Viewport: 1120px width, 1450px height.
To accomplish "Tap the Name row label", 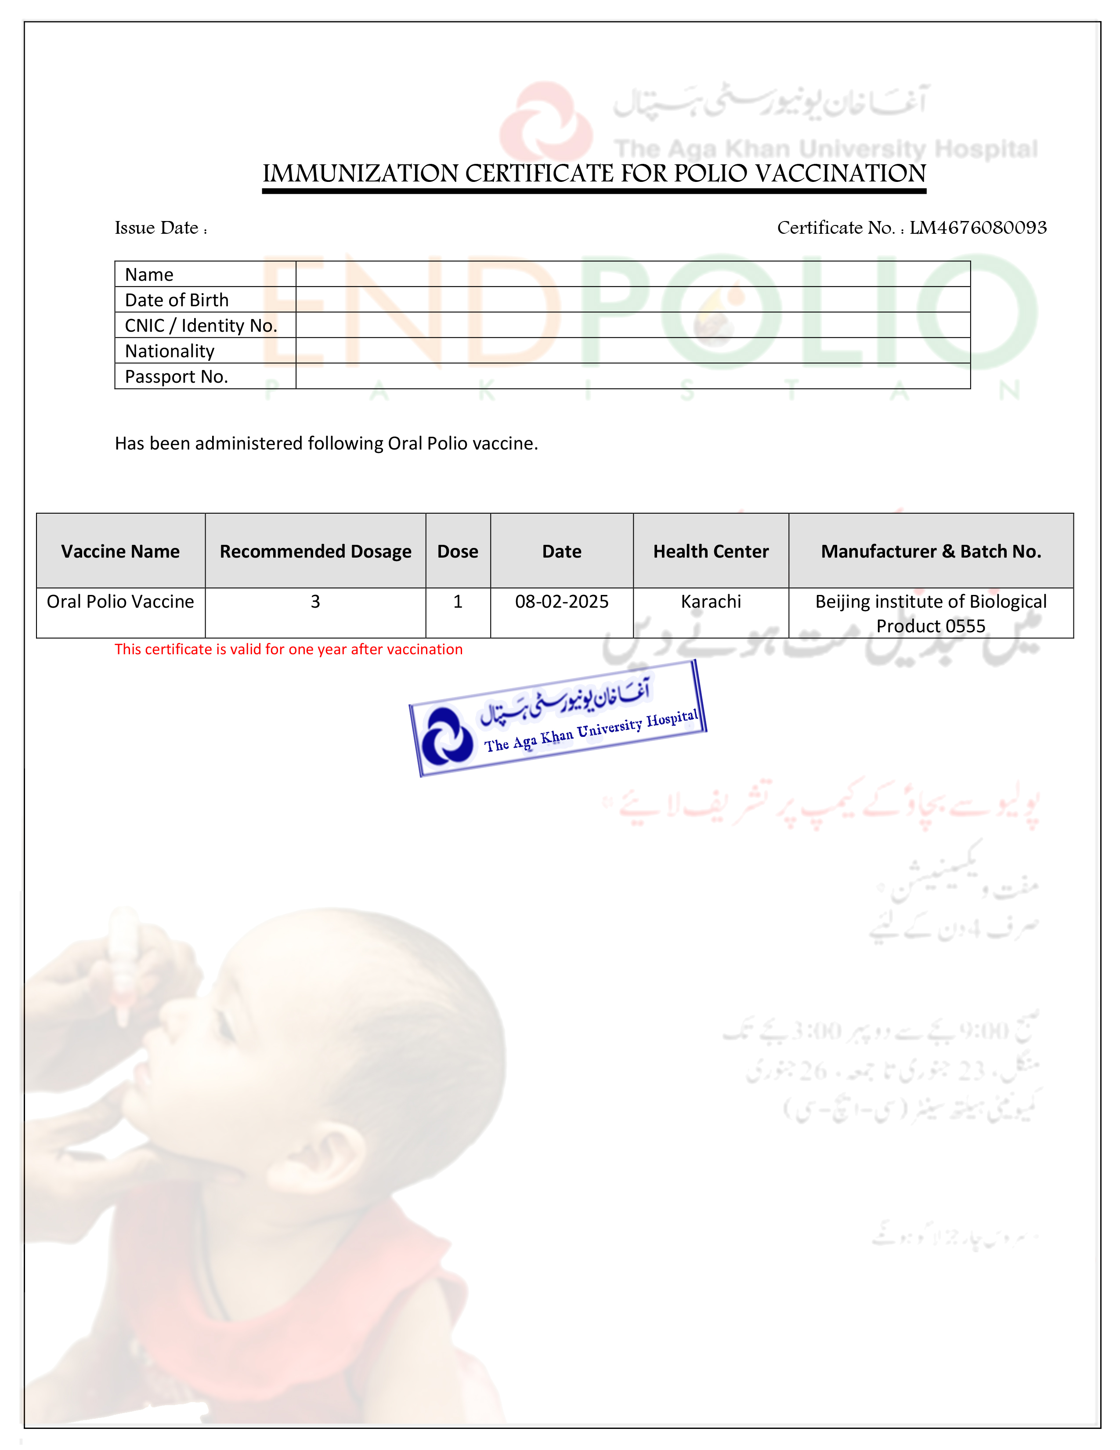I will [x=149, y=274].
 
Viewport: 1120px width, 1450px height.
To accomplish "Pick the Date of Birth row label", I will [x=177, y=300].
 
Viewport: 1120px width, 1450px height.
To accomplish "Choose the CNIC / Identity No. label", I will [x=200, y=325].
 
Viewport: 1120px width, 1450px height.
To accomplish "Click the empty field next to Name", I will [x=632, y=274].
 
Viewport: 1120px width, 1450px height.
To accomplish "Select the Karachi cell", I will [x=711, y=602].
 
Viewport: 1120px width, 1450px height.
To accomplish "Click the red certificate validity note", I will [x=288, y=649].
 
